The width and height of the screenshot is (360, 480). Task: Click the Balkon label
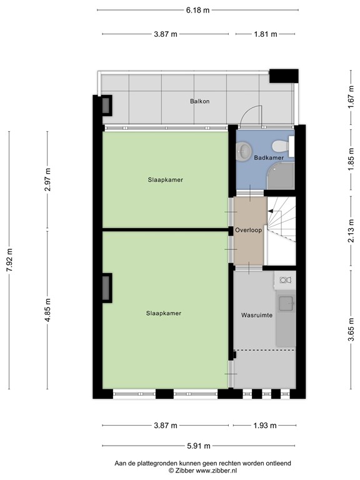(200, 101)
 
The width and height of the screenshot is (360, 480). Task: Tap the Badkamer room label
(269, 158)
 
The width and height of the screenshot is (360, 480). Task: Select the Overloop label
(249, 231)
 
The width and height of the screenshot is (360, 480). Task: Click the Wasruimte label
(256, 316)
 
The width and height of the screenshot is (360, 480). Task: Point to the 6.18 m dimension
(197, 10)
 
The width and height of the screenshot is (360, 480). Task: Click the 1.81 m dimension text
(265, 34)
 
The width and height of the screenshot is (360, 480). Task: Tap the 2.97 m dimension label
(47, 181)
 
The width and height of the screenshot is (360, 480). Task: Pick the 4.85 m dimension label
(47, 311)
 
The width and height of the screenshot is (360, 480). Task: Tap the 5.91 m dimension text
(197, 446)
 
